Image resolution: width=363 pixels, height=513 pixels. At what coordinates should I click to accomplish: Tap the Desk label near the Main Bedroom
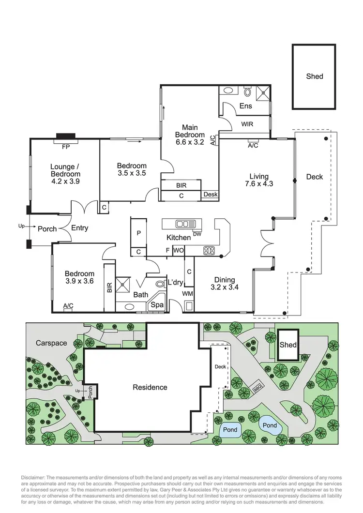click(x=211, y=195)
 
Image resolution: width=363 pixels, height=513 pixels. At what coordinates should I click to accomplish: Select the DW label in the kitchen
click(x=197, y=234)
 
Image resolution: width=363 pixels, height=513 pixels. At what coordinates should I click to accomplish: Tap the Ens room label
click(x=245, y=106)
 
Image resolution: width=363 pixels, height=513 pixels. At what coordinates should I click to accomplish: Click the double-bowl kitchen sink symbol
click(x=183, y=224)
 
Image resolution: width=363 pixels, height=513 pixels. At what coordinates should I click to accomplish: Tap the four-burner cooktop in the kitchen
click(x=209, y=250)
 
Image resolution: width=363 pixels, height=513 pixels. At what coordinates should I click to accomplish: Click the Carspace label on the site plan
click(x=51, y=343)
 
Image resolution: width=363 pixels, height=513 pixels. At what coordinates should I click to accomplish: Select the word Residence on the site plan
click(x=150, y=387)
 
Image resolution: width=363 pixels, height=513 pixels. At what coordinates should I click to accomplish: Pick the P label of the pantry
click(x=138, y=233)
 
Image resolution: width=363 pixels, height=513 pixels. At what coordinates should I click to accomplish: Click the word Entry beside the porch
click(x=79, y=228)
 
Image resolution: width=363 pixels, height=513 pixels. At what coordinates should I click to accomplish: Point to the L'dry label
click(x=174, y=282)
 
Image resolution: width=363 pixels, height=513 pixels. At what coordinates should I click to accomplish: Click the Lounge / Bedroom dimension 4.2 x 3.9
click(x=65, y=181)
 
